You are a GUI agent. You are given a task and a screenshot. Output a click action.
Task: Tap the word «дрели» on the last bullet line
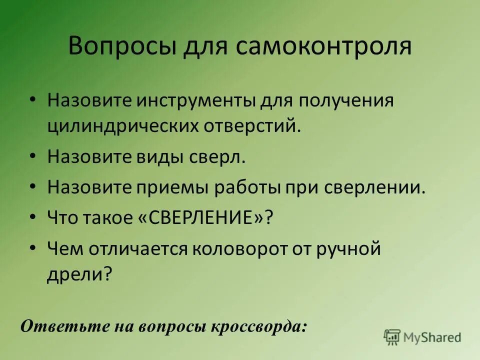coord(76,274)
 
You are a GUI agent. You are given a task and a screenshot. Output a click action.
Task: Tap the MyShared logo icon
coord(392,337)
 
